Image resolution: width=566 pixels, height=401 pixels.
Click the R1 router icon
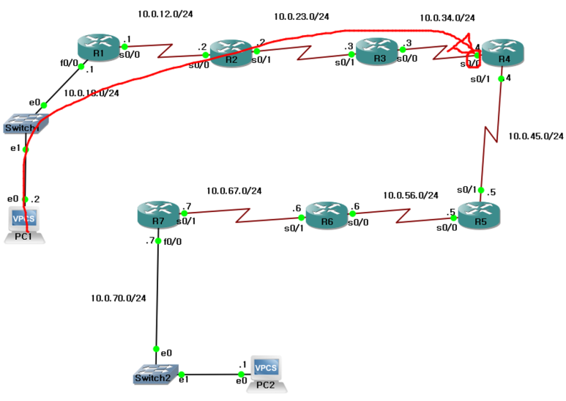point(98,46)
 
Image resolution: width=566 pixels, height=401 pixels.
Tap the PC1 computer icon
point(26,222)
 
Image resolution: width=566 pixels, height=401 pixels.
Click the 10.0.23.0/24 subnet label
point(301,16)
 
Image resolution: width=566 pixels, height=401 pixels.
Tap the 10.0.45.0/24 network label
point(535,136)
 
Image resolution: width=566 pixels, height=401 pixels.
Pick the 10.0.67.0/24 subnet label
point(234,191)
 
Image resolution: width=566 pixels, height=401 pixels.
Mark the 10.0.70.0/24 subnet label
point(118,298)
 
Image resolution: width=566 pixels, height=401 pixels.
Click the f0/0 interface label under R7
point(173,240)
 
